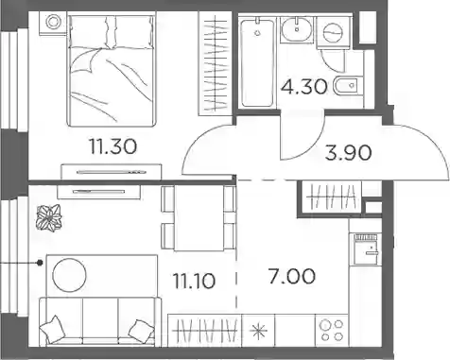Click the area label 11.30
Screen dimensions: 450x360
click(x=113, y=146)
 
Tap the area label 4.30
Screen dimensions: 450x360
click(x=304, y=87)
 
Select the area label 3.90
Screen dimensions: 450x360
click(x=348, y=153)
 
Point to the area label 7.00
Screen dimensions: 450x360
click(x=291, y=276)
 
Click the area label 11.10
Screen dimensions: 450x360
click(x=194, y=281)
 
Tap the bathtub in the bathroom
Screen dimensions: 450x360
click(x=257, y=62)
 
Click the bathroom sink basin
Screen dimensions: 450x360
click(x=297, y=29)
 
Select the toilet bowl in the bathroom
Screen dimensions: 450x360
click(x=348, y=85)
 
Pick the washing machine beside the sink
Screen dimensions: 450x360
click(x=333, y=32)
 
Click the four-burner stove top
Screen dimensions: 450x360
click(x=332, y=330)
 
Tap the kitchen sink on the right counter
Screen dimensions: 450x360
click(x=368, y=249)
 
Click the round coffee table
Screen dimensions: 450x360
click(x=69, y=275)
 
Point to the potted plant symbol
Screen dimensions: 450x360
click(x=49, y=218)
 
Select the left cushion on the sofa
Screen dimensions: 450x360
click(x=52, y=329)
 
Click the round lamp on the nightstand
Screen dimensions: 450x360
click(x=53, y=22)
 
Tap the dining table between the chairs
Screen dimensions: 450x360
click(x=199, y=218)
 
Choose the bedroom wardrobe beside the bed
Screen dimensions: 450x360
click(x=216, y=63)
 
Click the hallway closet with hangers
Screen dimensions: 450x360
click(x=332, y=197)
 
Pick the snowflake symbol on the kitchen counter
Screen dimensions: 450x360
click(x=258, y=331)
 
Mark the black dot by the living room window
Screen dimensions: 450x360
click(x=40, y=263)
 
